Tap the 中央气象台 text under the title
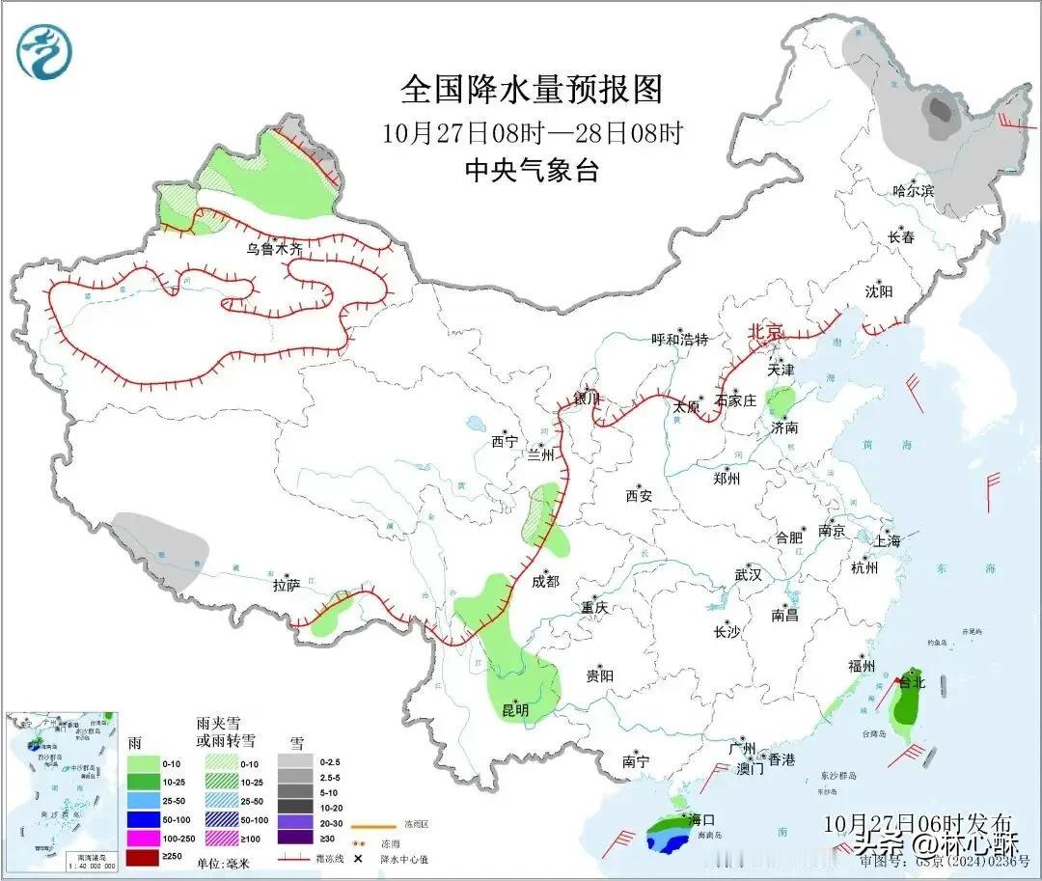533,171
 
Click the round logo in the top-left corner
44,54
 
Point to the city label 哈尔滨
913,191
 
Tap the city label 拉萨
288,585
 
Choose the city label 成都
545,581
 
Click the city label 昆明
515,710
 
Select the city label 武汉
748,574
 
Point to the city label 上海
887,541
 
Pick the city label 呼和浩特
679,340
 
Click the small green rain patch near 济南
781,399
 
